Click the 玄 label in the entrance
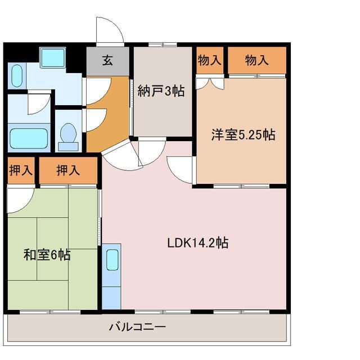coord(107,60)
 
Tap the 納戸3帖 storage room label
coord(161,91)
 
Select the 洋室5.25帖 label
coord(243,135)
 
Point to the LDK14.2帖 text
coord(197,242)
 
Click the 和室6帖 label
coord(47,255)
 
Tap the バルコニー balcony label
coord(137,326)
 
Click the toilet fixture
coord(68,137)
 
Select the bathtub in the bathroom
coord(29,138)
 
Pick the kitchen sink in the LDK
coord(112,260)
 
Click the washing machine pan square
coord(52,57)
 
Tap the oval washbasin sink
coord(17,76)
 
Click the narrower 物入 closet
coord(210,60)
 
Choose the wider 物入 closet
coord(257,60)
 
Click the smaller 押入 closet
coord(21,170)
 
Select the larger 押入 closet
coord(68,170)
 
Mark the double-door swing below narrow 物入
coord(210,84)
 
